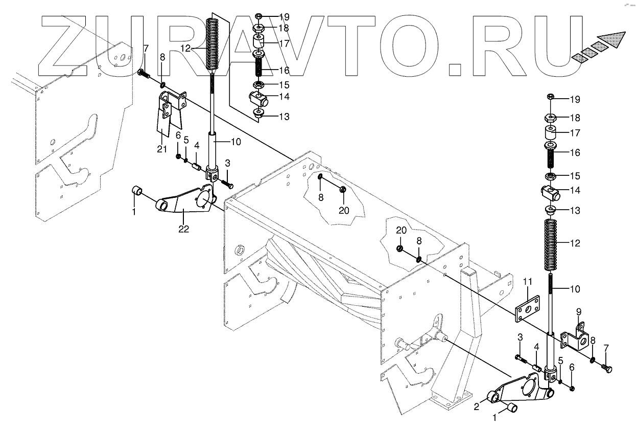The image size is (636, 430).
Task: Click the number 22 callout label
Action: (x=183, y=230)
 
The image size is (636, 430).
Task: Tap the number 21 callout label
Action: (x=162, y=148)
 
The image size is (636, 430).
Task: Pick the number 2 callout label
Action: (x=476, y=407)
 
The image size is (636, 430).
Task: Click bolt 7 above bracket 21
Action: (x=144, y=75)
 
